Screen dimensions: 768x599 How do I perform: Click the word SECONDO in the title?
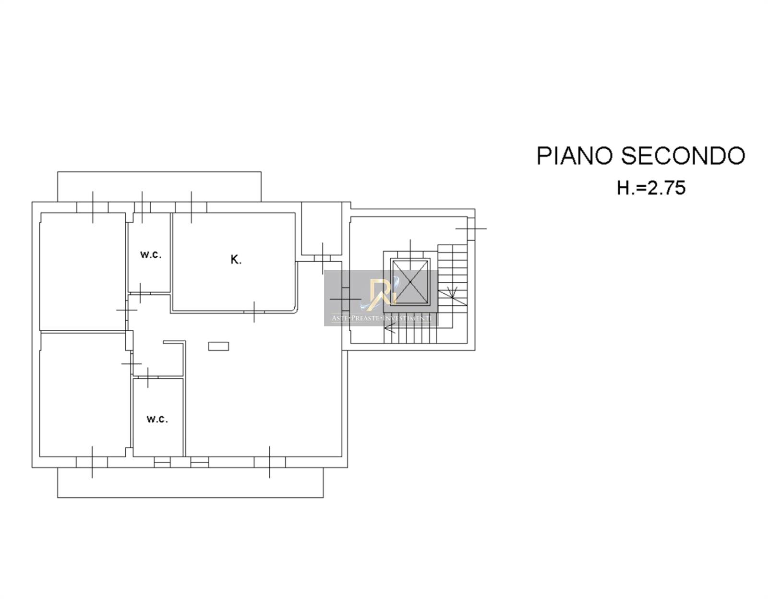(x=683, y=156)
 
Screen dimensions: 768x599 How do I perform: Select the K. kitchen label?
(x=236, y=260)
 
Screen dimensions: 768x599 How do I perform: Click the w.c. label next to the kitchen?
(x=151, y=254)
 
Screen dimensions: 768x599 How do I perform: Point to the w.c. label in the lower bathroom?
(x=157, y=419)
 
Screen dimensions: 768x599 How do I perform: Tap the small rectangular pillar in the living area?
(x=218, y=347)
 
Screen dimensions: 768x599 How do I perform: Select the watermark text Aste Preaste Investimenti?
(x=381, y=318)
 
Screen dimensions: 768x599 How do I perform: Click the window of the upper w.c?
(x=142, y=207)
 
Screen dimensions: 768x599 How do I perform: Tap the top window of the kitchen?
(x=191, y=207)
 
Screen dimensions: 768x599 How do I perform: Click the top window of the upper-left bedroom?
(x=93, y=207)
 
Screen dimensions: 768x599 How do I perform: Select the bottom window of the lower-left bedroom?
(x=92, y=462)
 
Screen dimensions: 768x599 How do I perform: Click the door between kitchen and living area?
(x=254, y=312)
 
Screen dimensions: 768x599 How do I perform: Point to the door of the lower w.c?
(x=148, y=377)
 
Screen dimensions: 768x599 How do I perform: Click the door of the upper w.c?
(x=140, y=293)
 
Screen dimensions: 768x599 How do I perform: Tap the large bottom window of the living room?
(x=270, y=462)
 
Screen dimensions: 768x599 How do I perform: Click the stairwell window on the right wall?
(x=471, y=228)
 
